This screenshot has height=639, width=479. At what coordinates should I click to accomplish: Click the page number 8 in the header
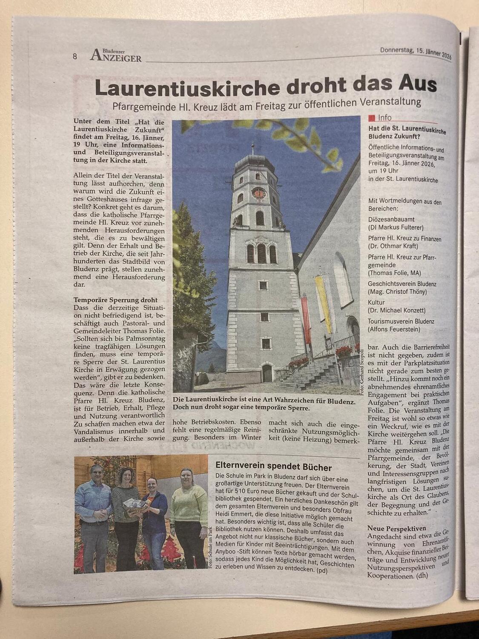[75, 56]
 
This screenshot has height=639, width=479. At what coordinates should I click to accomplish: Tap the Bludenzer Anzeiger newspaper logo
[116, 55]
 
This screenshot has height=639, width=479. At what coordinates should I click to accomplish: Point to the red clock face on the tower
[258, 193]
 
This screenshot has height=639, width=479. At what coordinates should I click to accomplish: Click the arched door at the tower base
[267, 373]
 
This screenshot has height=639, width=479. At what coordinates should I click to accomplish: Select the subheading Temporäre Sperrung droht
[115, 300]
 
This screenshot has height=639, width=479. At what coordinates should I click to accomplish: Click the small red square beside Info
[372, 118]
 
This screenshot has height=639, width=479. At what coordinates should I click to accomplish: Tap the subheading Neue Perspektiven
[396, 528]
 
